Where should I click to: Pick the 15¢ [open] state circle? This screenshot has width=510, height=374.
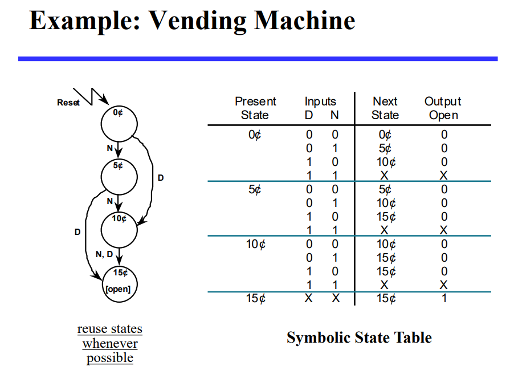(119, 283)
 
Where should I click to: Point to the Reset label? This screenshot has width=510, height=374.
(68, 103)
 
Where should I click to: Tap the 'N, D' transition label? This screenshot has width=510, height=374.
(104, 254)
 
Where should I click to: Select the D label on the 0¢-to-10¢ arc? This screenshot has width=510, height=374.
(161, 178)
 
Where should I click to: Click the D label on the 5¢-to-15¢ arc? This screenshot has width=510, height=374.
(77, 232)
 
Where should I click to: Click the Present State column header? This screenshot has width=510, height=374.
(255, 108)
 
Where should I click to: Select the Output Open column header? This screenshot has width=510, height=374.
(443, 108)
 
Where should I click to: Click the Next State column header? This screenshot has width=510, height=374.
(385, 108)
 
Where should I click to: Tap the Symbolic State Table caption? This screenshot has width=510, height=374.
(359, 338)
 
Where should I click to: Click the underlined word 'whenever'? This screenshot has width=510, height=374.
(110, 344)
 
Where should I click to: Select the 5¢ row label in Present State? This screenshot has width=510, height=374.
(255, 189)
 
